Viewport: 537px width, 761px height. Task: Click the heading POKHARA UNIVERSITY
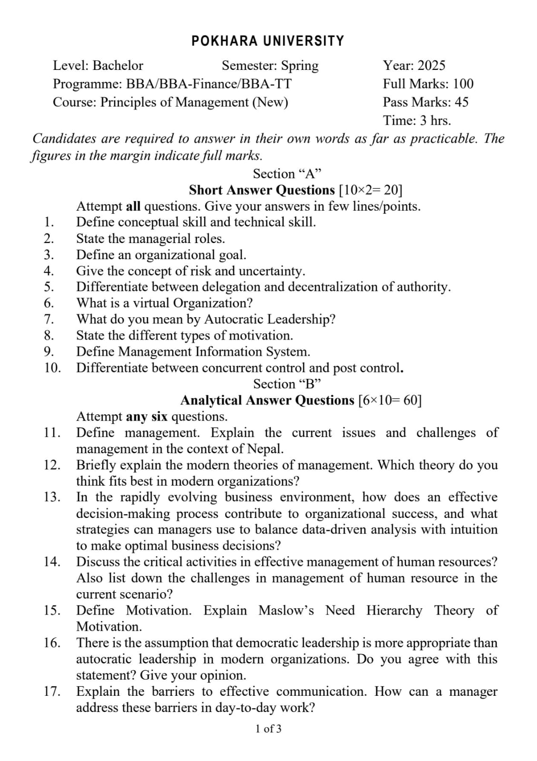click(x=268, y=41)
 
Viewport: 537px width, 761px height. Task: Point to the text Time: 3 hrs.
click(x=417, y=120)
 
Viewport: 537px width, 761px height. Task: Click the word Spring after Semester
click(x=300, y=66)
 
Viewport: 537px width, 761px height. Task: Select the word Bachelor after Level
click(x=118, y=65)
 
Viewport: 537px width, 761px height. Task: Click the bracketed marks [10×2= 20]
click(x=371, y=190)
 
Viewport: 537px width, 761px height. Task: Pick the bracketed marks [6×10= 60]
click(x=390, y=400)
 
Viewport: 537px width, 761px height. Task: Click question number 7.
click(x=49, y=319)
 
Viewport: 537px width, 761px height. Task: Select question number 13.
click(x=51, y=497)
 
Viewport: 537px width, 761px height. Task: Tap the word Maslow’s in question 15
click(x=286, y=610)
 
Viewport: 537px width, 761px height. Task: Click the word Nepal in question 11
click(x=265, y=449)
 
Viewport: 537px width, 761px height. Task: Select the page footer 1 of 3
click(x=268, y=729)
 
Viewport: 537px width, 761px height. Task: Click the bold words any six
click(x=146, y=417)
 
